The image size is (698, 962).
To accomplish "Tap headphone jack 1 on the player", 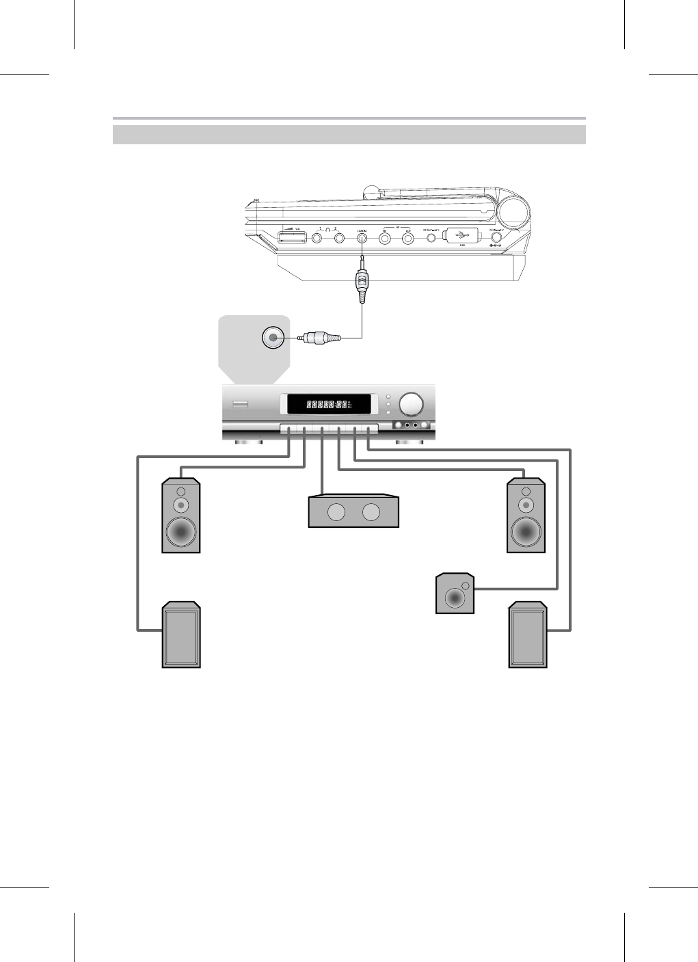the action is click(318, 239).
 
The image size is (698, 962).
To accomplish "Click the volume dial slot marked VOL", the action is click(291, 239).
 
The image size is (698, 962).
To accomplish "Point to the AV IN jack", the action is click(386, 239).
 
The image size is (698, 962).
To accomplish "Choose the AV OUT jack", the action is click(408, 239).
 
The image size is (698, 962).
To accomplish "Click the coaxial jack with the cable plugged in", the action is click(362, 239).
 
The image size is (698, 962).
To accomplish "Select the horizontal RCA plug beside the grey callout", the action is click(318, 337).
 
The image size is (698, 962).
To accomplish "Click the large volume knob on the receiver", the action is click(412, 404).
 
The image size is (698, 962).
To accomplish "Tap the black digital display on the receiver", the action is click(330, 405).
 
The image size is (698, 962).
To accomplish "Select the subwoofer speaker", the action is click(455, 593).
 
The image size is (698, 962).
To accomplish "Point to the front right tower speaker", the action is click(526, 515).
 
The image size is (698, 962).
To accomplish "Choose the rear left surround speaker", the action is click(181, 634).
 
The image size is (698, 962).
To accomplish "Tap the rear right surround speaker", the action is click(528, 635).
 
